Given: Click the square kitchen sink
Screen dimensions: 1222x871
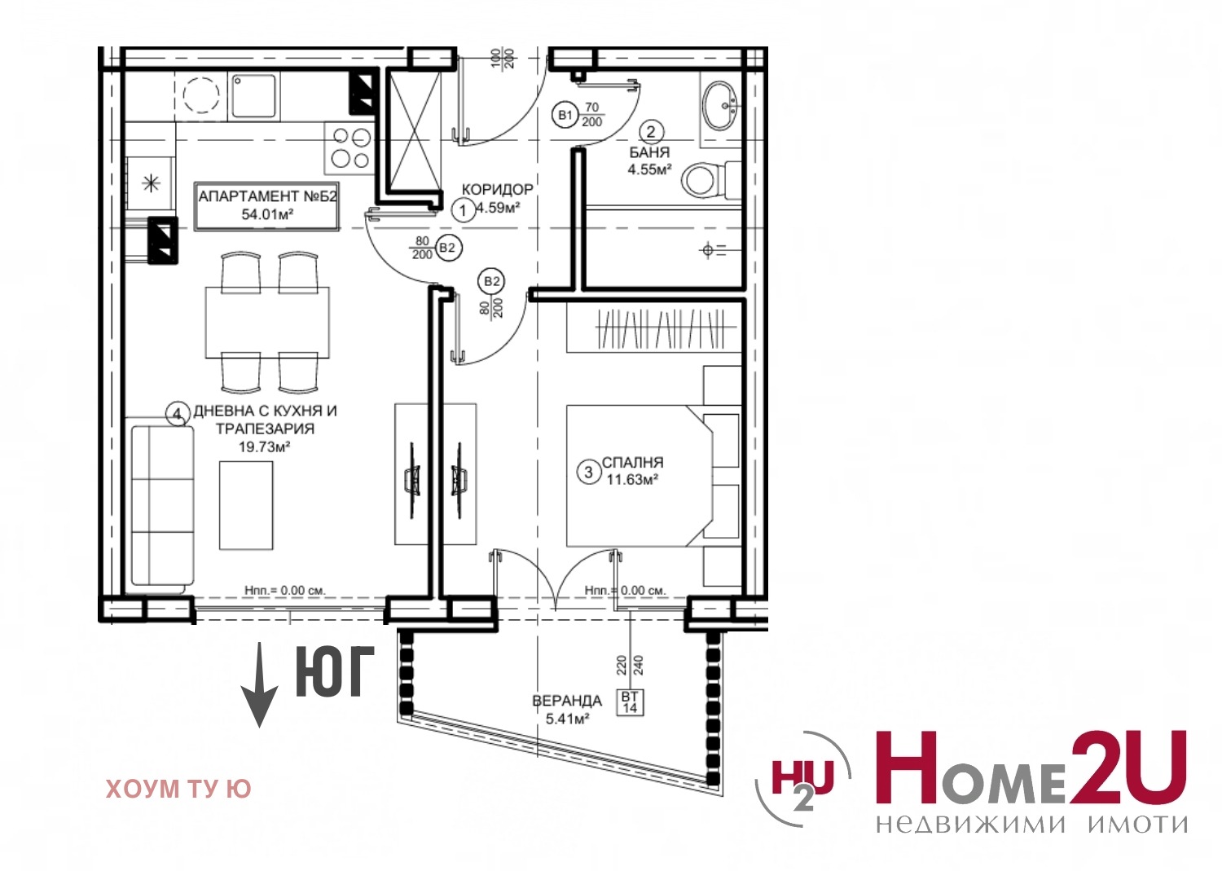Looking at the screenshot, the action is click(x=253, y=96).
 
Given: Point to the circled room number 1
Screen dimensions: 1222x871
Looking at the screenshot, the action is click(x=464, y=209).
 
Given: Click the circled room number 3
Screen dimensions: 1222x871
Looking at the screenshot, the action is click(x=589, y=472).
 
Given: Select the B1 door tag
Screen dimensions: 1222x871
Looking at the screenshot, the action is click(x=565, y=115).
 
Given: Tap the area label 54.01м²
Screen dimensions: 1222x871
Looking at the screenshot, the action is click(x=267, y=214).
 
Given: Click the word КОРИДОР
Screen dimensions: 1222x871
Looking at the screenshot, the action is click(x=498, y=189).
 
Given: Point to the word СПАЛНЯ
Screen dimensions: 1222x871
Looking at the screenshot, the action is click(x=633, y=462).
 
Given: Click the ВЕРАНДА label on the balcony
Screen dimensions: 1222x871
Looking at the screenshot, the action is click(x=567, y=701).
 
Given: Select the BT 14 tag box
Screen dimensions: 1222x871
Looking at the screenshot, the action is click(x=630, y=703).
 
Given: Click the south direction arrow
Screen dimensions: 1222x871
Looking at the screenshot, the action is click(x=260, y=685).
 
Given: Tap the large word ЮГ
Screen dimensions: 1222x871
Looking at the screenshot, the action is click(x=336, y=672).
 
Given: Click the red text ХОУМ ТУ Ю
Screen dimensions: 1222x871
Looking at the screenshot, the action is click(x=178, y=790).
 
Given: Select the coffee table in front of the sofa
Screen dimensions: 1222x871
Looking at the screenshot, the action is click(x=246, y=505).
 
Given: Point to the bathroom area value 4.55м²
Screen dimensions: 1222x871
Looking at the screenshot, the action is click(x=649, y=169).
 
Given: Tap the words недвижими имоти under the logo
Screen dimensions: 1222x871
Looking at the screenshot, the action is click(x=1032, y=824).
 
